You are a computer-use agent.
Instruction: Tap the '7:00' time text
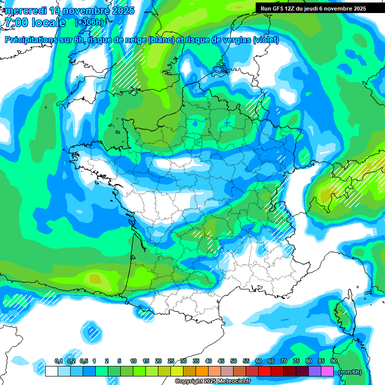click(x=17, y=23)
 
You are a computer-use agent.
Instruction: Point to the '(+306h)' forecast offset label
click(x=89, y=23)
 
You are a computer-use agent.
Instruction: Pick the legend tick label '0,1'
click(x=58, y=361)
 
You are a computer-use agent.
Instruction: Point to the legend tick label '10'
click(x=133, y=361)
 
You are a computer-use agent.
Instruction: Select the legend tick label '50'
click(x=234, y=361)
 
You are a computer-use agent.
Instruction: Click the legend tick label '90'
click(x=334, y=361)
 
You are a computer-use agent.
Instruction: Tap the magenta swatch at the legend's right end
click(x=327, y=371)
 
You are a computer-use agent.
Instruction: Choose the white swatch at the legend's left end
click(x=52, y=371)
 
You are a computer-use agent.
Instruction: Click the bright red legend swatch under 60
click(x=265, y=371)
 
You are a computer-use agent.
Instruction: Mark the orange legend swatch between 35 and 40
click(x=202, y=371)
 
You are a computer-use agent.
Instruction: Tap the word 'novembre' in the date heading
click(x=88, y=11)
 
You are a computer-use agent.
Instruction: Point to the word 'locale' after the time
click(x=49, y=23)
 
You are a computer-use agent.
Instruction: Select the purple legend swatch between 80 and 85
click(x=315, y=371)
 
